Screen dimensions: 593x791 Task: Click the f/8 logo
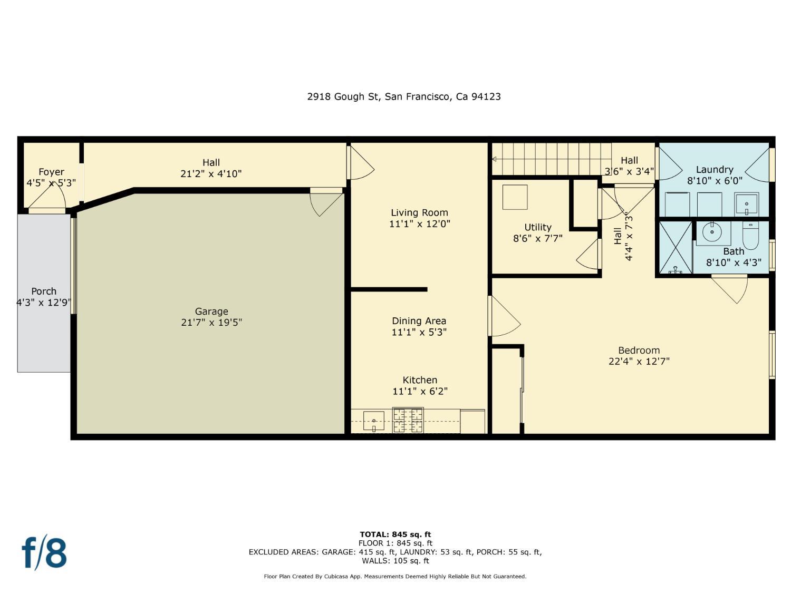pyautogui.click(x=44, y=552)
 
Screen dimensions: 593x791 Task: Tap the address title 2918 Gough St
pyautogui.click(x=404, y=96)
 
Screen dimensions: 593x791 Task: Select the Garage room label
pyautogui.click(x=211, y=312)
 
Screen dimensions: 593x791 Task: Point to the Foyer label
pyautogui.click(x=51, y=172)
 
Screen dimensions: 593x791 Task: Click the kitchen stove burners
pyautogui.click(x=408, y=420)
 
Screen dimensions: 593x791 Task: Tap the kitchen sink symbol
pyautogui.click(x=373, y=421)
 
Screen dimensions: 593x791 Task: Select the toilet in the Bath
pyautogui.click(x=750, y=236)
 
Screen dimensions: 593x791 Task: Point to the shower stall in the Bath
pyautogui.click(x=675, y=247)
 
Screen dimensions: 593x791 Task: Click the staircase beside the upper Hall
pyautogui.click(x=551, y=159)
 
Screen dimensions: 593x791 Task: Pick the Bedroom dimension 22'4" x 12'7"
pyautogui.click(x=639, y=362)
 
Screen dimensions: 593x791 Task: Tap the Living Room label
pyautogui.click(x=419, y=212)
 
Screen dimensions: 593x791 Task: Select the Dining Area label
pyautogui.click(x=419, y=320)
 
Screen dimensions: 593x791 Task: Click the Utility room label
pyautogui.click(x=538, y=227)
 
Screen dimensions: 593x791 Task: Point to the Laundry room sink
pyautogui.click(x=747, y=204)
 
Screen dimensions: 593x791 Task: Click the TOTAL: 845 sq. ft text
pyautogui.click(x=395, y=534)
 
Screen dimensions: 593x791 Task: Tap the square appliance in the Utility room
pyautogui.click(x=515, y=197)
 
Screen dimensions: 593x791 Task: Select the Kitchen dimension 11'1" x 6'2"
pyautogui.click(x=420, y=391)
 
